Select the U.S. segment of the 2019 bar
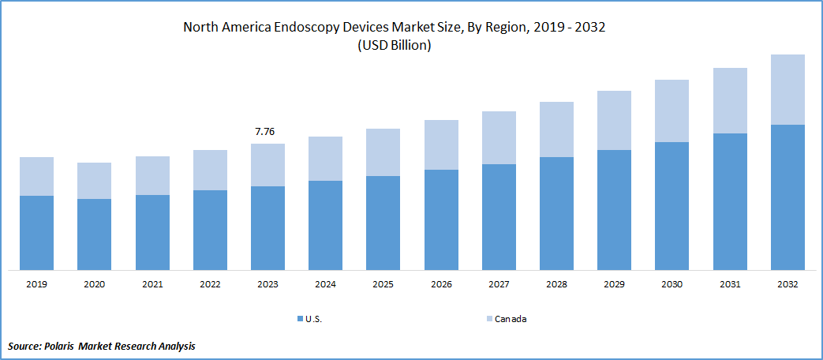pos(36,233)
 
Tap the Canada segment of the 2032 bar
pos(787,89)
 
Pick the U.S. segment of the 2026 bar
pos(441,219)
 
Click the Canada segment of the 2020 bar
pos(94,181)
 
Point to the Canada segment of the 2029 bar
pos(614,120)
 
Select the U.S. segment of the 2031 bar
pos(730,201)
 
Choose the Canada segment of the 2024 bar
pos(325,159)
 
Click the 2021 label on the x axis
pos(152,284)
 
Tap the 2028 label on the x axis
pos(556,284)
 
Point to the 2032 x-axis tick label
pos(787,284)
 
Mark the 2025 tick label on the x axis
pos(383,284)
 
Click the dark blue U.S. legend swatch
pos(299,319)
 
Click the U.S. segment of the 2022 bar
pos(210,230)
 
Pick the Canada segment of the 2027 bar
pos(499,137)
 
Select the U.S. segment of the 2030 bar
pos(671,206)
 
